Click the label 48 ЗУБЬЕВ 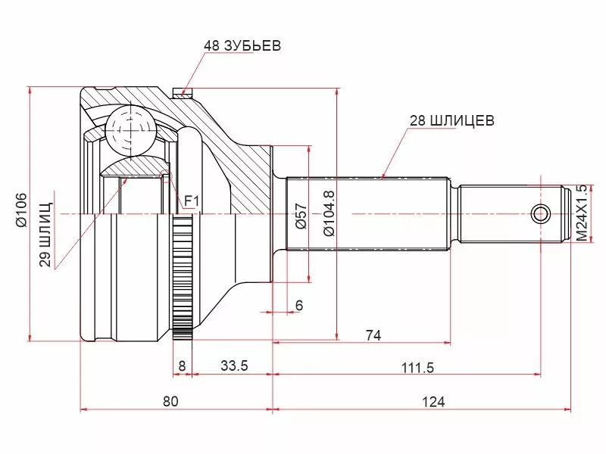tap(242, 46)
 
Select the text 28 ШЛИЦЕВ tap(451, 120)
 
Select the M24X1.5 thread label tap(581, 213)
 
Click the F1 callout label tap(192, 201)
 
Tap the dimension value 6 tap(298, 305)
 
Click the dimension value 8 tap(182, 366)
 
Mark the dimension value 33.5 tap(234, 366)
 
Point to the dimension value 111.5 tap(417, 367)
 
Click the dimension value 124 tap(434, 401)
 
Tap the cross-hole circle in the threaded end tap(541, 213)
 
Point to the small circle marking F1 tap(167, 179)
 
